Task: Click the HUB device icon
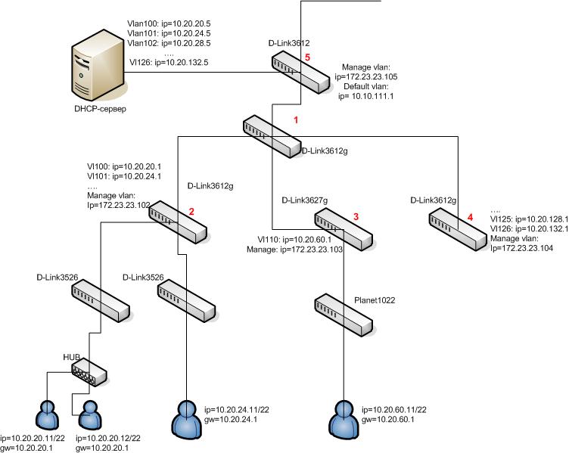point(89,371)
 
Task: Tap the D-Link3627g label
point(304,200)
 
